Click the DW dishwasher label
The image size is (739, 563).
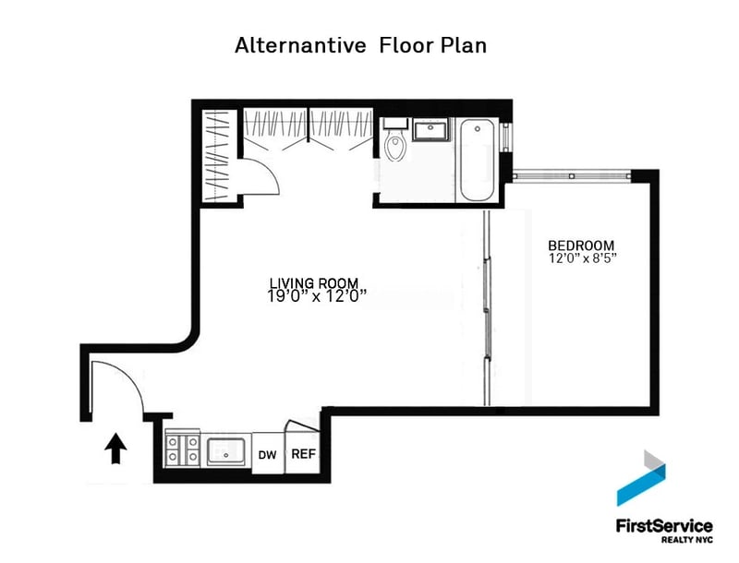[x=267, y=455]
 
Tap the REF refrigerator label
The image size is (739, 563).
[x=304, y=454]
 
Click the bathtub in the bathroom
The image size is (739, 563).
[x=477, y=160]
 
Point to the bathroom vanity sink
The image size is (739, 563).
[x=430, y=129]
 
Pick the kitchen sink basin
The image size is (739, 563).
[x=226, y=452]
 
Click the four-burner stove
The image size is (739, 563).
[x=182, y=449]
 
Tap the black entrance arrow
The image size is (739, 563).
[x=115, y=449]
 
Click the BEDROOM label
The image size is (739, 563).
[x=581, y=246]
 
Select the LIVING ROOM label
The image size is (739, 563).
[x=314, y=283]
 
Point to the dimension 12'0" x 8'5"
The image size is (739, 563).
[x=583, y=258]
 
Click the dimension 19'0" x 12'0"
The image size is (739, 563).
[x=317, y=296]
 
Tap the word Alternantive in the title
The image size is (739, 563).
[x=300, y=45]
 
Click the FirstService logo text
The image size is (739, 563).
[x=664, y=525]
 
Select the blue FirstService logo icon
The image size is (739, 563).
[x=641, y=478]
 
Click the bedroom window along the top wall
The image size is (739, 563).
[x=572, y=176]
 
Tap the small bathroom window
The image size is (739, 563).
[x=505, y=137]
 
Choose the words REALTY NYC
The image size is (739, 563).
[x=686, y=539]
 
